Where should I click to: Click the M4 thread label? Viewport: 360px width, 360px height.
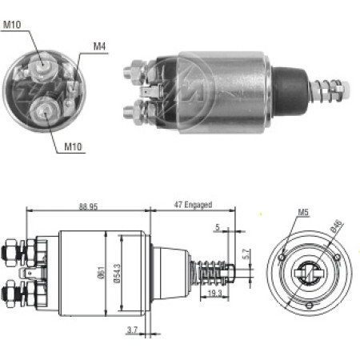pyautogui.click(x=99, y=46)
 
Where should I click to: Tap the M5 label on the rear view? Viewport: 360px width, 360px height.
pyautogui.click(x=303, y=212)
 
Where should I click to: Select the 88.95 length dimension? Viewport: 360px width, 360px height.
pyautogui.click(x=88, y=206)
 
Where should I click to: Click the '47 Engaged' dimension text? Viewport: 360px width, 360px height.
pyautogui.click(x=193, y=205)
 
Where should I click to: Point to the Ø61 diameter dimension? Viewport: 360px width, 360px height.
pyautogui.click(x=102, y=272)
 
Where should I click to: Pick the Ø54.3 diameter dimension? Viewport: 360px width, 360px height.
pyautogui.click(x=117, y=274)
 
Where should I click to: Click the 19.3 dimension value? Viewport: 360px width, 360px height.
pyautogui.click(x=214, y=294)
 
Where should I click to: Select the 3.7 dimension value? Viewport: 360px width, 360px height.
pyautogui.click(x=132, y=330)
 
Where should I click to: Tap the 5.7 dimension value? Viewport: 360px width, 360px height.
pyautogui.click(x=246, y=254)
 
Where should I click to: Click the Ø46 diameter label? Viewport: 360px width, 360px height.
pyautogui.click(x=336, y=226)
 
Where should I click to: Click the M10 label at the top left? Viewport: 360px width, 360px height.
pyautogui.click(x=12, y=25)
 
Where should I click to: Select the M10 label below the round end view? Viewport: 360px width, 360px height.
pyautogui.click(x=73, y=146)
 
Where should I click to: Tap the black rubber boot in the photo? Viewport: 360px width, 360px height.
pyautogui.click(x=290, y=90)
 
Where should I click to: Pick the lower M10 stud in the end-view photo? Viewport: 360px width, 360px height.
pyautogui.click(x=45, y=111)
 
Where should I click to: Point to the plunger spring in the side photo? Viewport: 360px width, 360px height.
pyautogui.click(x=327, y=90)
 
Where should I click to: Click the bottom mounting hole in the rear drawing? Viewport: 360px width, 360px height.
pyautogui.click(x=310, y=305)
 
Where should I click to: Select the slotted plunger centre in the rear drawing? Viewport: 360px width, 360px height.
pyautogui.click(x=309, y=273)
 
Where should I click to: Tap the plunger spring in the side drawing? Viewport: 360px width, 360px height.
pyautogui.click(x=212, y=273)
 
